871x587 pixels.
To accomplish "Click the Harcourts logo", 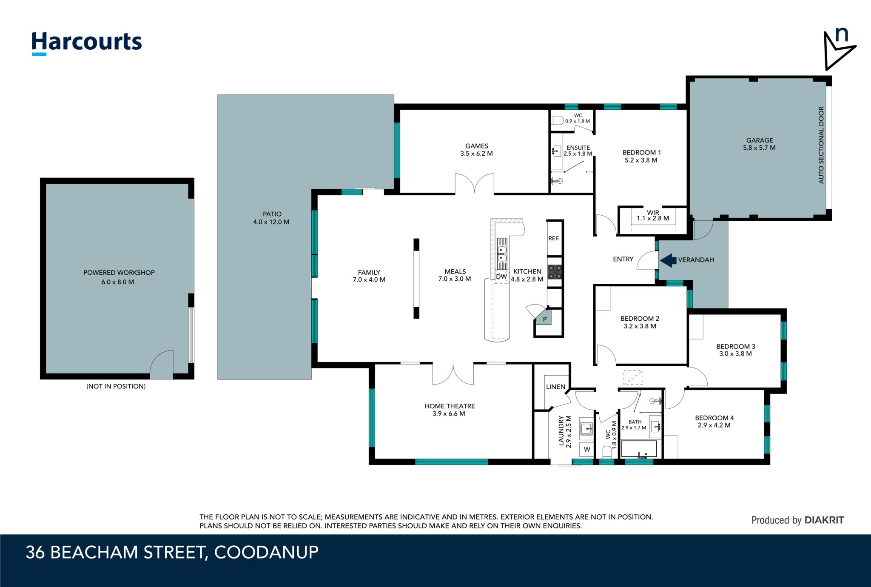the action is pos(87,43).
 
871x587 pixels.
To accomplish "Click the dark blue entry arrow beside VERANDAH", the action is pos(668,260).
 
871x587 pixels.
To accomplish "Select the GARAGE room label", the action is pos(760,140).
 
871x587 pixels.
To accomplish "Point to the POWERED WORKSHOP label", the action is pos(119,273).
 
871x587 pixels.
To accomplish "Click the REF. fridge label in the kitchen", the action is pos(554,238).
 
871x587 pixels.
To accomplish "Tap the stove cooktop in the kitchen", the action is pos(555,272).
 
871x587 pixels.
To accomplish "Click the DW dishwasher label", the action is pos(501,276).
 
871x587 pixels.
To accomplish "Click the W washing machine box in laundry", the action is pos(587,450).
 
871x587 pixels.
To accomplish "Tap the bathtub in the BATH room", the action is pos(639,449).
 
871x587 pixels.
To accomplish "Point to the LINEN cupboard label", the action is pos(555,387).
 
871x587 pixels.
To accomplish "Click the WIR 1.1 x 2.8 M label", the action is pos(653,215).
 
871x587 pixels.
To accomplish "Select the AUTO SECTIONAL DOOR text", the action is pos(821,145).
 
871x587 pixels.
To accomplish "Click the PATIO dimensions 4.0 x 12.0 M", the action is pos(271,222).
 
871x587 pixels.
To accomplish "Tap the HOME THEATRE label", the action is pos(450,406).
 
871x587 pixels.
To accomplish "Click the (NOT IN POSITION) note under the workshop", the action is pos(116,386).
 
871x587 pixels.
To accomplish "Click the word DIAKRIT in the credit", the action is pos(824,520).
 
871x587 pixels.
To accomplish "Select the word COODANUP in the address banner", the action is pos(266,552).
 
